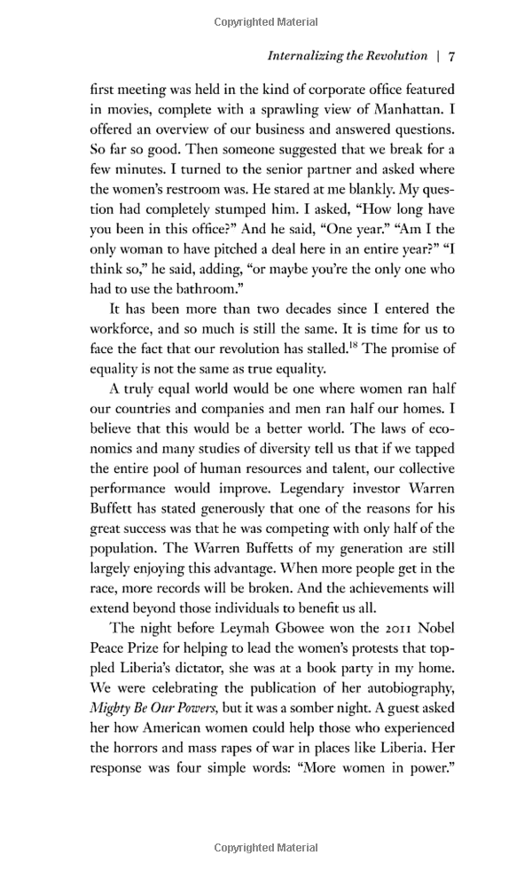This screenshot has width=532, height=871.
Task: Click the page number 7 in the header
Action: click(x=451, y=56)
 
